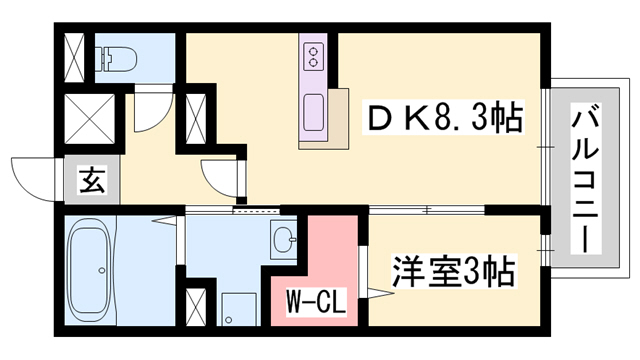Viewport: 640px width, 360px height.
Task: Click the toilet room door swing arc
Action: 148,113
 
